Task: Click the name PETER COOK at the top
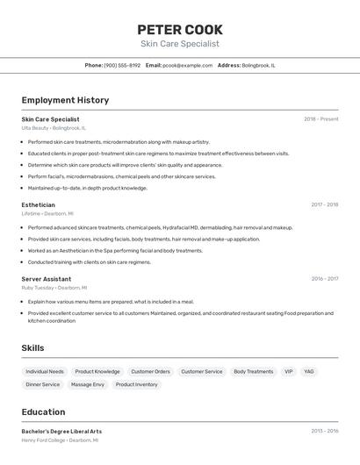(x=180, y=30)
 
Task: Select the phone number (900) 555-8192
(x=122, y=65)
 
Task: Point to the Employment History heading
(x=65, y=100)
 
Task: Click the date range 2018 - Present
(x=321, y=118)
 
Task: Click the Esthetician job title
(x=38, y=204)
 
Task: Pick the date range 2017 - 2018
(x=324, y=204)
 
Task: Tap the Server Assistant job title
(x=47, y=279)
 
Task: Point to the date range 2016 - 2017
(x=324, y=279)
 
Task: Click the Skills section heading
(x=32, y=348)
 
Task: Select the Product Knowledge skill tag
(x=97, y=371)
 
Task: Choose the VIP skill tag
(x=288, y=371)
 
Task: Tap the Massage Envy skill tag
(x=88, y=384)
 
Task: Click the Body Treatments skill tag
(x=253, y=371)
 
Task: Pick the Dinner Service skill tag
(x=43, y=384)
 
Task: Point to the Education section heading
(x=43, y=411)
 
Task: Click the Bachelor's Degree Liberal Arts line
(x=61, y=431)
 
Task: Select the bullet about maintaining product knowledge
(x=87, y=188)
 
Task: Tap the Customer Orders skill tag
(x=150, y=371)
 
